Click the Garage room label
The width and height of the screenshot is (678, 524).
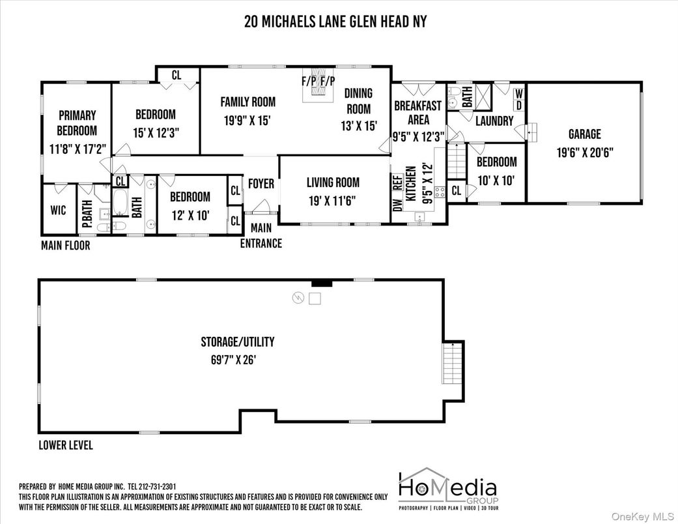[584, 134]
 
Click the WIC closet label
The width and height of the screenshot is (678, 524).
[59, 211]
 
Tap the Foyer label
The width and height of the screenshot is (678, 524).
[261, 184]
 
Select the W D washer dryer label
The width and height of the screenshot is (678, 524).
[519, 100]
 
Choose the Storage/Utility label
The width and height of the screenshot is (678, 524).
[237, 342]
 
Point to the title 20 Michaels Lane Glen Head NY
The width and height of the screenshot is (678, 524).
[335, 21]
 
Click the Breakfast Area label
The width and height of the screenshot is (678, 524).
[418, 112]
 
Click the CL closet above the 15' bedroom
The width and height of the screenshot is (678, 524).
[177, 75]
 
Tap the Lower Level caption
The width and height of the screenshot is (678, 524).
[65, 446]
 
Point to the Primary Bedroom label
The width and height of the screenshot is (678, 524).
[76, 123]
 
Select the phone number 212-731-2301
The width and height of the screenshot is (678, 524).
[153, 487]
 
